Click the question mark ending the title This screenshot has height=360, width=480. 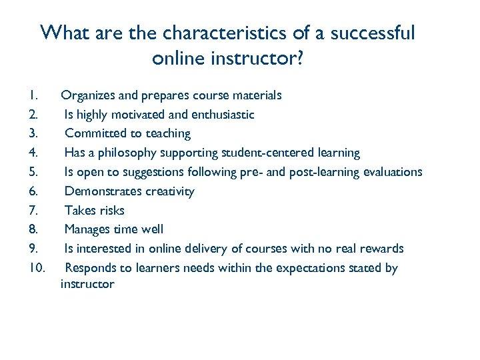point(299,59)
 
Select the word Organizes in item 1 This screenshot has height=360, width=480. point(89,95)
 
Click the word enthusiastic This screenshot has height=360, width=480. point(222,115)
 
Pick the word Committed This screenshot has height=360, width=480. point(94,133)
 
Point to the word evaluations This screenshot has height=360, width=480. point(393,172)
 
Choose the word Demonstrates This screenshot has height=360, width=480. point(101,191)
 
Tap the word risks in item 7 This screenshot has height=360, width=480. point(111,211)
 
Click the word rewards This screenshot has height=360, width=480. point(379,249)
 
